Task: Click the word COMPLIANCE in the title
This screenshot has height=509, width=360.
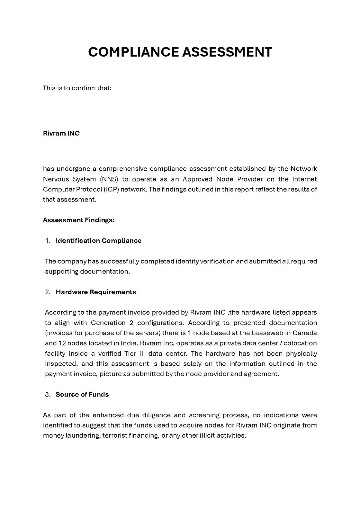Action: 133,52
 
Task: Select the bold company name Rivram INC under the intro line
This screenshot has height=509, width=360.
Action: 61,133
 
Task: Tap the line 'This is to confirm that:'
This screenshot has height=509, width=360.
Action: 77,88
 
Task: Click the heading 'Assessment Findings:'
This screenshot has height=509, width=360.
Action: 79,220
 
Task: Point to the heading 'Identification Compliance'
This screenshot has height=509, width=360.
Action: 98,241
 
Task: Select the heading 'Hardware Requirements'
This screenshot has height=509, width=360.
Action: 96,292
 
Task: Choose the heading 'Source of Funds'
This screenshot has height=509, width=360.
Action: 82,395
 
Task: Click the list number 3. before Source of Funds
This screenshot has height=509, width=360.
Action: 48,395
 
